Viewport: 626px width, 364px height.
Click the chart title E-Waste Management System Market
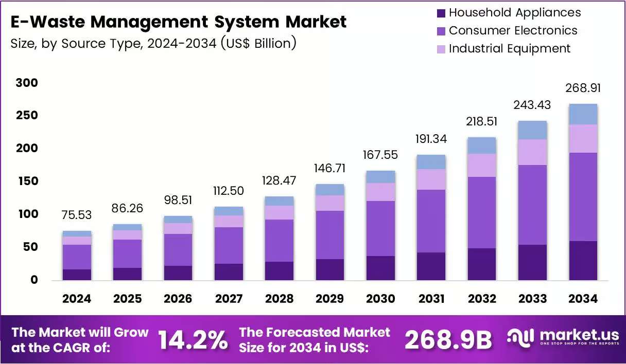point(178,22)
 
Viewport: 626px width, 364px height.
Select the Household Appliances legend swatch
point(441,13)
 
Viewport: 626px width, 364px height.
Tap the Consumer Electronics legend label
point(513,30)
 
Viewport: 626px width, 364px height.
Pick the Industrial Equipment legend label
point(510,48)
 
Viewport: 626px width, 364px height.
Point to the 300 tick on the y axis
point(27,83)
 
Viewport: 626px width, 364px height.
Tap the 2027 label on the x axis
point(229,299)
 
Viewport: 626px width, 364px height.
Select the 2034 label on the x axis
point(583,299)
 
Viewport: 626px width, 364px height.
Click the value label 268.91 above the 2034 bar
point(583,88)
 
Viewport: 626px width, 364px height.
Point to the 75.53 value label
point(77,215)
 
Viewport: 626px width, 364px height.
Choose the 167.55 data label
point(380,155)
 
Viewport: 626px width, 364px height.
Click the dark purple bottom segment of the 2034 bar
point(583,261)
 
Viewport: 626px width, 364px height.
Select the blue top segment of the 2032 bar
point(482,145)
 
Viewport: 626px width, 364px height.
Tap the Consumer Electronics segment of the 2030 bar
point(380,229)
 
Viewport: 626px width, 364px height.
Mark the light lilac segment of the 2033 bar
point(533,152)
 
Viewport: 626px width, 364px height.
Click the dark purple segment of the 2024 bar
point(77,275)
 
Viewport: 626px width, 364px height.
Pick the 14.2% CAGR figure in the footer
point(193,340)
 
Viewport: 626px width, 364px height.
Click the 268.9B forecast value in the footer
point(448,340)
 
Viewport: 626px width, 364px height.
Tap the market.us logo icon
point(520,338)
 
